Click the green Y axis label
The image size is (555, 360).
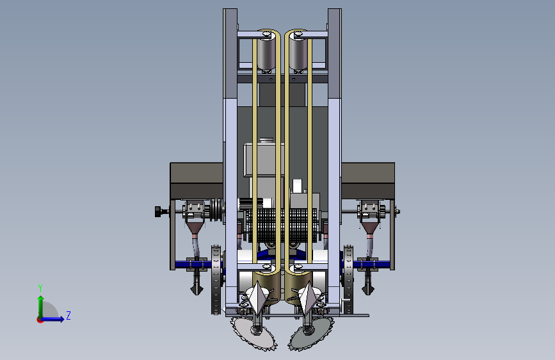coord(40,288)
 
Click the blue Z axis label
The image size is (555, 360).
coord(68,315)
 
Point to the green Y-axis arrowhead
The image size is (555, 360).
coord(41,299)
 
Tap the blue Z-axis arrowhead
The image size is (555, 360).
coord(61,319)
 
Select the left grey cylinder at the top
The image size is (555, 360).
coord(266,54)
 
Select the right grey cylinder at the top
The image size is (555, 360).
coord(298,54)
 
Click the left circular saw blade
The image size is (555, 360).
coord(253,334)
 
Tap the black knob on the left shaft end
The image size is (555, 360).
coord(158,212)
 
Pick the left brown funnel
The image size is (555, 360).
coord(195,228)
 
